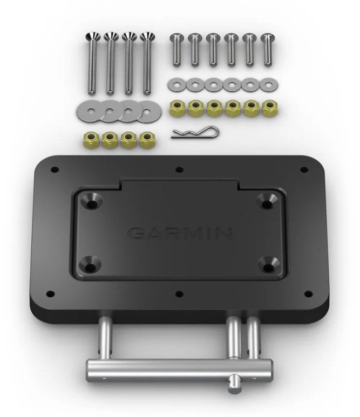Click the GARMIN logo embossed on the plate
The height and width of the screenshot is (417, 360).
coord(180,233)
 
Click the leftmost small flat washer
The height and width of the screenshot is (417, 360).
coord(176,84)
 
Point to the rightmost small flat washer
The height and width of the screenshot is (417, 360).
coord(267,84)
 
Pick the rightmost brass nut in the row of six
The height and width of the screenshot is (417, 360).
coord(267,107)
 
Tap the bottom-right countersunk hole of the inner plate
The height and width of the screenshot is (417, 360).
coord(268,264)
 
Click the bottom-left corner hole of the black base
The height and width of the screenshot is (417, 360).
coord(51,295)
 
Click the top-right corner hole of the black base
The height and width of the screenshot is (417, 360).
coord(304,170)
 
